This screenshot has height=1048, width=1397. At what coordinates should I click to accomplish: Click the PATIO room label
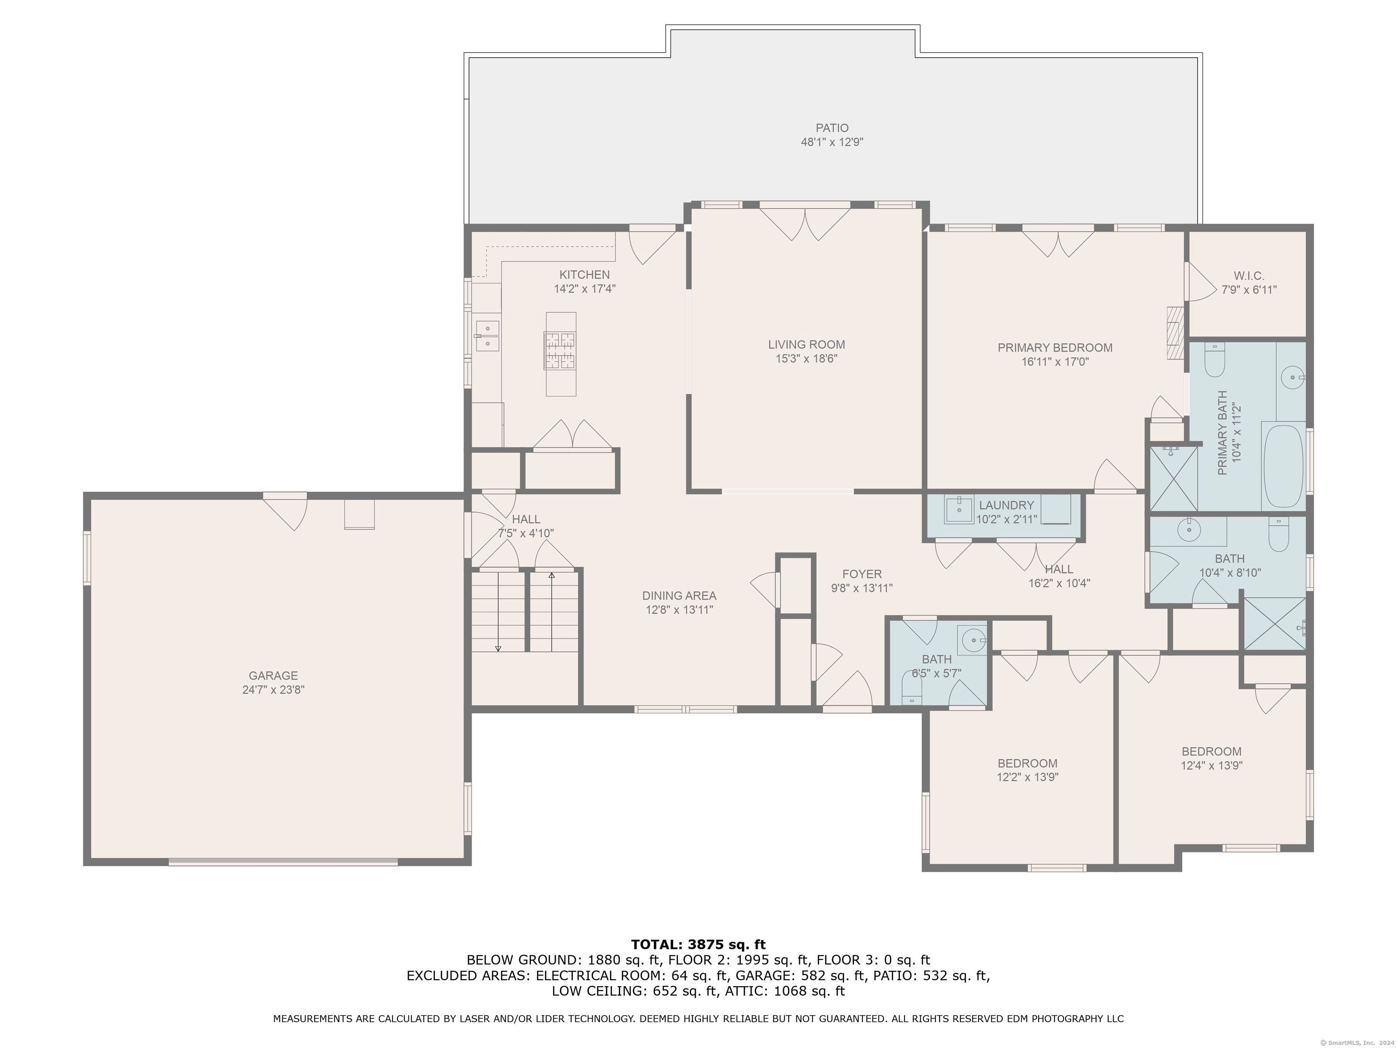831,128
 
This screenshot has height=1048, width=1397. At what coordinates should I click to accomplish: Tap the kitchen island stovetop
560,351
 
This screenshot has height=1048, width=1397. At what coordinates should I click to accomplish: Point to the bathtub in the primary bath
1283,466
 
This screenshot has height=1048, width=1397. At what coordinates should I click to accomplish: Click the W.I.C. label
1249,276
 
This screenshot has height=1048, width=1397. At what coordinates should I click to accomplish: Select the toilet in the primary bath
1215,360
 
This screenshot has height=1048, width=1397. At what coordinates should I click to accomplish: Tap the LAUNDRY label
1006,505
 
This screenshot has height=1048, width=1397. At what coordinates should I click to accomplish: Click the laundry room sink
960,509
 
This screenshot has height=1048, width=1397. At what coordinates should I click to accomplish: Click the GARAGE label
273,675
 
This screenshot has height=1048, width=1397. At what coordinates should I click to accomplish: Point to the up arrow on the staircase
551,576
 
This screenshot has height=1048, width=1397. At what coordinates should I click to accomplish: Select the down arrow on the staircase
497,648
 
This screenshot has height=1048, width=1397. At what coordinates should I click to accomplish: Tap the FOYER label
861,574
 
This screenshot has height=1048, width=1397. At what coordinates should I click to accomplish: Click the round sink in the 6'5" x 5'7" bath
972,640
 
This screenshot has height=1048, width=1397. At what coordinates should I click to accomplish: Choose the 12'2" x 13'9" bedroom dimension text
1027,777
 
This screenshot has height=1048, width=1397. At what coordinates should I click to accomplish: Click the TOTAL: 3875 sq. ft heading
698,944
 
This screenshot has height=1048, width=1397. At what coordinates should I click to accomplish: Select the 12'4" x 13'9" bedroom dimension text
1211,766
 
